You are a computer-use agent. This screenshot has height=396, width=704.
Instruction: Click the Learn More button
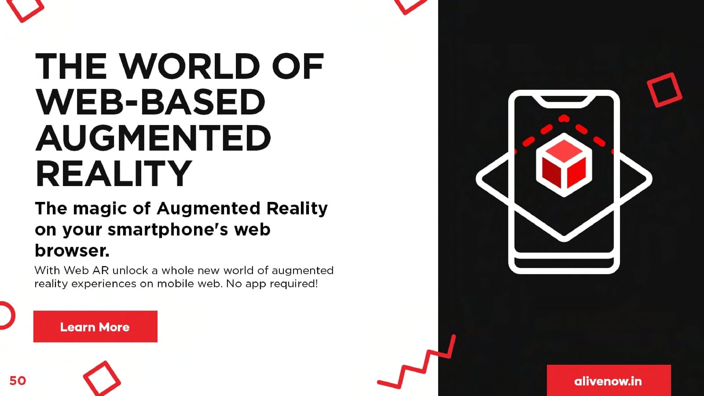[x=95, y=326]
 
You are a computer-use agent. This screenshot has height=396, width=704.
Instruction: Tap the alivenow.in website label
[x=608, y=381]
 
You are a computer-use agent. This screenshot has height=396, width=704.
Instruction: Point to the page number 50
[x=18, y=381]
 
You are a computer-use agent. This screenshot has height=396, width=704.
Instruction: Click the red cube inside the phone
[x=564, y=165]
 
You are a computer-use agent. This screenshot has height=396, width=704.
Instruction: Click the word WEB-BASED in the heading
[x=150, y=102]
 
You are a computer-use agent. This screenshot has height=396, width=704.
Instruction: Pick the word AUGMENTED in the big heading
[x=153, y=138]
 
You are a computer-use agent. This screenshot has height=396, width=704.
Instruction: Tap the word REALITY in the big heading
[x=114, y=173]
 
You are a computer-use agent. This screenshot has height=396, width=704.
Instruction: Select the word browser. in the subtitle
[x=72, y=250]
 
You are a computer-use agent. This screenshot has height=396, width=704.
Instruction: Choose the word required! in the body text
[x=294, y=284]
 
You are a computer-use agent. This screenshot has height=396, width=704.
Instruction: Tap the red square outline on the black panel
[x=664, y=90]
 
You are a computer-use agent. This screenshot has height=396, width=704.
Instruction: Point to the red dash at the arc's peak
[x=564, y=118]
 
